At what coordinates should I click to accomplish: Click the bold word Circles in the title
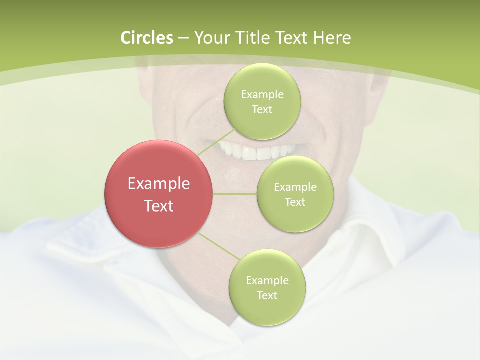pos(147,38)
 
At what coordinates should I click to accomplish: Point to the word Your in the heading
pos(209,38)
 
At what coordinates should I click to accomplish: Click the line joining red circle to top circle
pos(216,142)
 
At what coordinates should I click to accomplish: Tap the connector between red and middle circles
pos(235,194)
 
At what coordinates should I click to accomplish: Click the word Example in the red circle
pos(159,184)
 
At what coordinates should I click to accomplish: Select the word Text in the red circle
pos(159,206)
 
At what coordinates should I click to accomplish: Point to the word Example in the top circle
pos(262,94)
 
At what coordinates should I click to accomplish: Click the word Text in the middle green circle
pos(295,202)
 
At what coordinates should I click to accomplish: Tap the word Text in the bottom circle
pos(267,295)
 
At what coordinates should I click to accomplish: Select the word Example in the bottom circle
pos(267,280)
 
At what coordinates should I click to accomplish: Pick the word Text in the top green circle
pos(262,109)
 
